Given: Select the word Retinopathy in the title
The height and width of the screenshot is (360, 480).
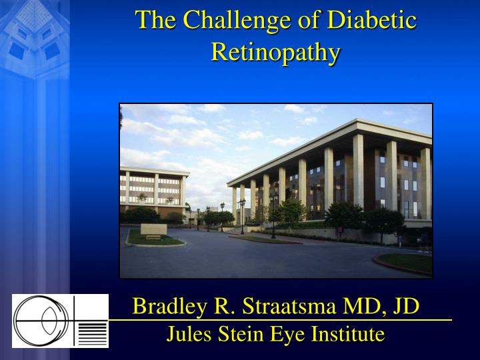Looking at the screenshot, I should click(x=276, y=52).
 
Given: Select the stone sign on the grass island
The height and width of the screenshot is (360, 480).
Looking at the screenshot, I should click(x=153, y=229).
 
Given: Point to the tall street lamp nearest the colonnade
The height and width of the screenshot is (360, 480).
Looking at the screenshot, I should click(x=273, y=215).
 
